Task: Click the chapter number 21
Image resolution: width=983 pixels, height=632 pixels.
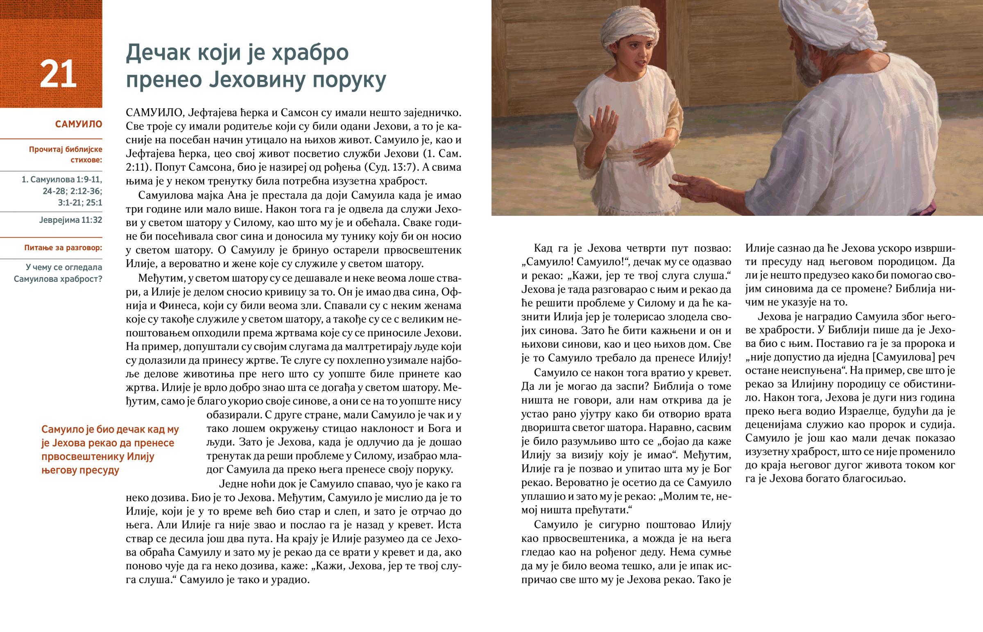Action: point(58,74)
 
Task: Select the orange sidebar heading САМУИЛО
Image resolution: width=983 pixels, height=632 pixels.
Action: point(78,124)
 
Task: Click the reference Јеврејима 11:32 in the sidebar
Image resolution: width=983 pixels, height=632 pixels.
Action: point(70,220)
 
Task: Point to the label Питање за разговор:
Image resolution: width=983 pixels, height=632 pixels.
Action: point(63,248)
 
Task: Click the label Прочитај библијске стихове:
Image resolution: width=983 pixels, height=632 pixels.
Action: point(66,154)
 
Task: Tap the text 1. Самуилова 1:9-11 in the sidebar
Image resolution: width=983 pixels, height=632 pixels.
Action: point(62,179)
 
